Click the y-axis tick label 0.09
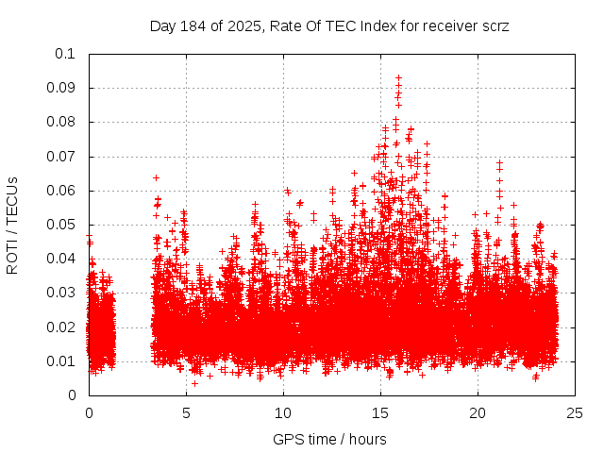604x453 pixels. pos(64,88)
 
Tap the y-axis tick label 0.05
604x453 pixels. pos(64,225)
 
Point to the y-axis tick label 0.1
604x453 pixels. pos(69,54)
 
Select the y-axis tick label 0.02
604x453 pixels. pos(64,327)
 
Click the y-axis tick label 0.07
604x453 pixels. pos(64,157)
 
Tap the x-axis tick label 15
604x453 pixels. pos(380,413)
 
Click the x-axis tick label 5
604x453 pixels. pos(186,413)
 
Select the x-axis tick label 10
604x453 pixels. pos(283,413)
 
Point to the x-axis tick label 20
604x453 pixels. pos(478,413)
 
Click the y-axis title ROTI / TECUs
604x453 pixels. pos(13,225)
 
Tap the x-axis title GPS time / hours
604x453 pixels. pos(329,439)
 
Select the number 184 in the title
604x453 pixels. pos(193,26)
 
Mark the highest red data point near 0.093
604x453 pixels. pos(398,77)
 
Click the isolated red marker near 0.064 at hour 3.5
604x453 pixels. pos(156,177)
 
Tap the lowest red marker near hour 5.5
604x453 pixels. pos(194,382)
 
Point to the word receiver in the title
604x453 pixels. pos(448,26)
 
